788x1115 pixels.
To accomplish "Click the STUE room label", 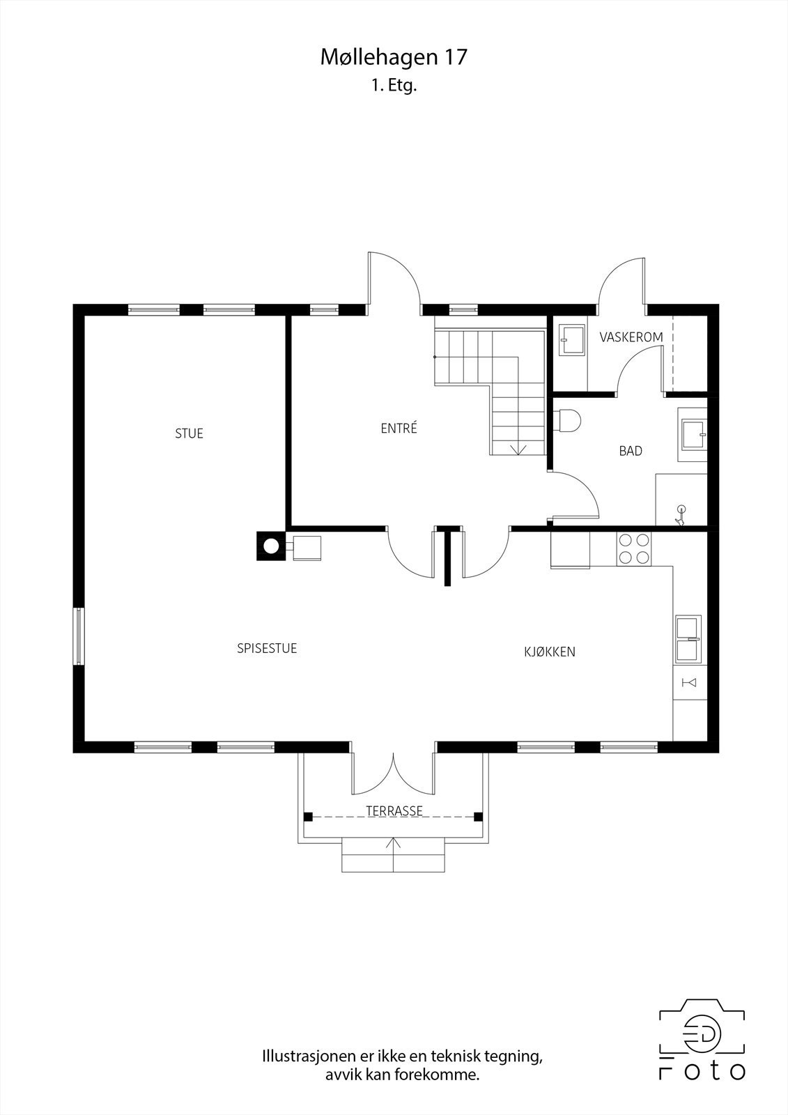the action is click(189, 433).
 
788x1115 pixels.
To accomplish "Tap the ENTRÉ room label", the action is click(399, 428).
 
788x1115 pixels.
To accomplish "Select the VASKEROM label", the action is click(631, 337).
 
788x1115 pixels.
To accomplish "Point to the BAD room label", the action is click(631, 451).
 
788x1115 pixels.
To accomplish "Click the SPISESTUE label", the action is click(267, 648).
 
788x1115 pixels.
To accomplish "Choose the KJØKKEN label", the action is click(550, 652).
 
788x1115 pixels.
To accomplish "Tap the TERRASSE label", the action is click(394, 811).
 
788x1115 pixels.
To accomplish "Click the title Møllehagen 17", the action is click(394, 57).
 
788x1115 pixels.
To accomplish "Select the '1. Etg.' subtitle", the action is click(394, 86).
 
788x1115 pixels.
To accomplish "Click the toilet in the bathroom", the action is click(567, 421).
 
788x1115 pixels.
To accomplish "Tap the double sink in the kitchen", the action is click(688, 640).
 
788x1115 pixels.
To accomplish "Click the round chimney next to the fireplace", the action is click(271, 546).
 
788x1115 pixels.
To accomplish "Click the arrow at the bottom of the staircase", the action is click(518, 449).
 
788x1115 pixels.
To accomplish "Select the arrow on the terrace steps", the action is click(394, 854).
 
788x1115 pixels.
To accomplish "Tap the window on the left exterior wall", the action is click(79, 636).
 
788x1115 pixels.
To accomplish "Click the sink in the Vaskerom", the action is click(573, 340).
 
